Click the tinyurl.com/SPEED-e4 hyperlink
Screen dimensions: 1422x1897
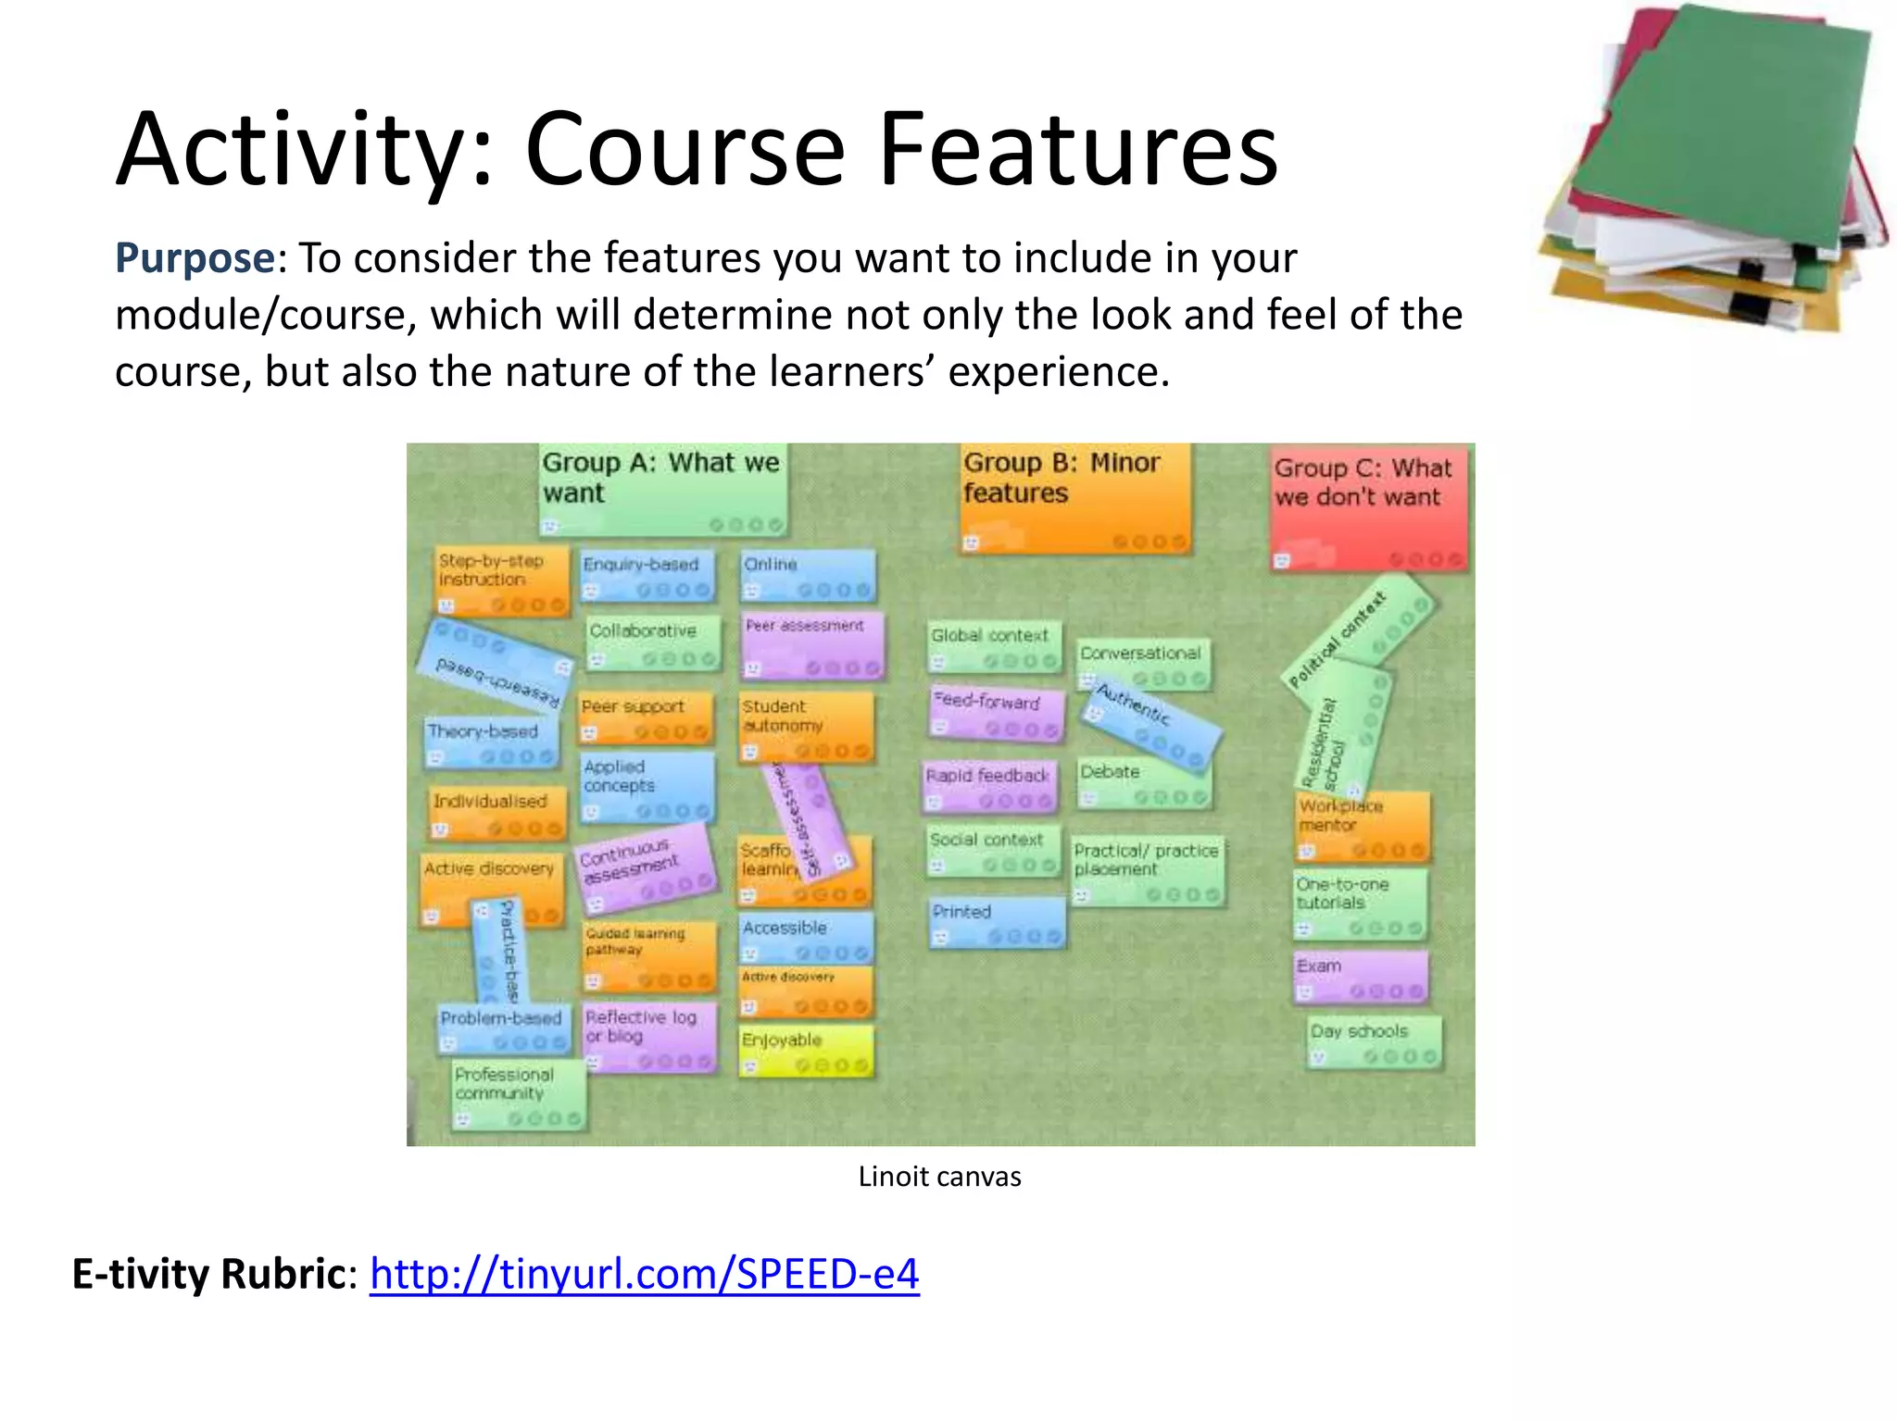(x=644, y=1274)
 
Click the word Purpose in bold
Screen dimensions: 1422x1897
(x=195, y=258)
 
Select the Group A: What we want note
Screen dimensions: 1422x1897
(x=662, y=488)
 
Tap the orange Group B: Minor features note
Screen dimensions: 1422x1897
(x=1074, y=498)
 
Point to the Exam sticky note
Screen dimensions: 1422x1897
(x=1360, y=978)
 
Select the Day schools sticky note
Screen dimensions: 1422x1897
(x=1375, y=1042)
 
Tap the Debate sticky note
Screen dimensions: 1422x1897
(x=1143, y=783)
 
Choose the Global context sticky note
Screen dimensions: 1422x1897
(x=994, y=646)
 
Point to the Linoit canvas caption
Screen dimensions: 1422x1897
(x=939, y=1177)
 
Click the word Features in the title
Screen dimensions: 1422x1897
(x=1077, y=150)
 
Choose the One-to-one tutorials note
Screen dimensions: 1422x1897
(x=1360, y=904)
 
